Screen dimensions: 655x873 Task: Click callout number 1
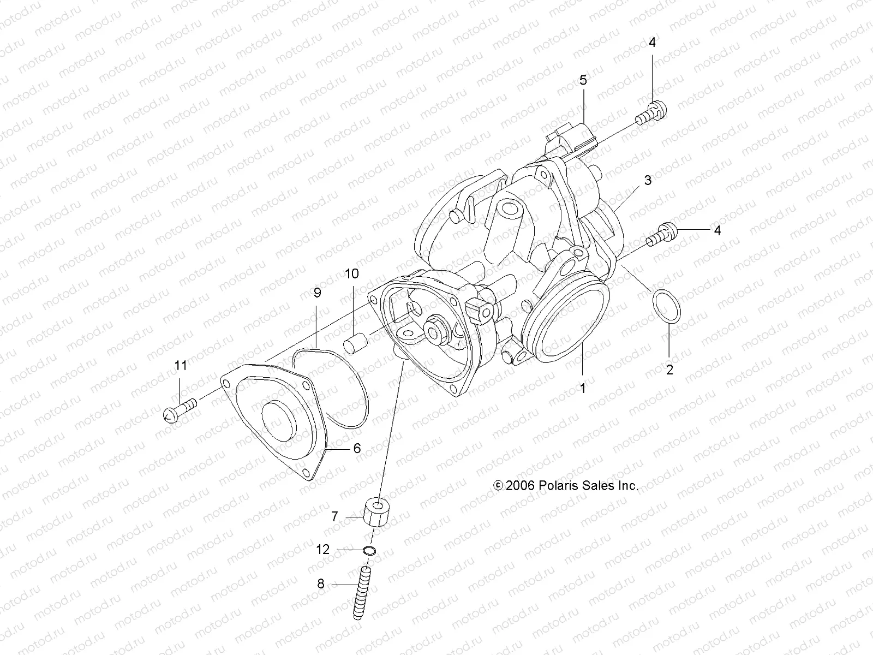583,389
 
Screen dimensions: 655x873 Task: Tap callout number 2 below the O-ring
669,370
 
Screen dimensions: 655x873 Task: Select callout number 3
648,180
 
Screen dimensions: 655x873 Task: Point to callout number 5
583,81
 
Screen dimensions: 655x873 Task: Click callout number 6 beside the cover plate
357,448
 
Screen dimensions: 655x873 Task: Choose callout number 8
321,583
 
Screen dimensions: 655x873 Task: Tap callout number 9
317,293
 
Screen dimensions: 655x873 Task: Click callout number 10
352,273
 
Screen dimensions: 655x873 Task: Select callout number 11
181,365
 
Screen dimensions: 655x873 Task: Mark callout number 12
323,550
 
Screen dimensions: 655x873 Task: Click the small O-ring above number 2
666,306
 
